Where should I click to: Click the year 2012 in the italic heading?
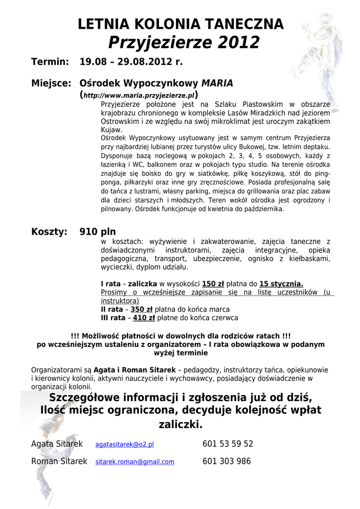238,43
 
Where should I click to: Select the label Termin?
50,63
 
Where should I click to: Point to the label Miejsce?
52,83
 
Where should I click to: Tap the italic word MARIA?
217,83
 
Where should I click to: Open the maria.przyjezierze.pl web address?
139,95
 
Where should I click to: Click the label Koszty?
49,232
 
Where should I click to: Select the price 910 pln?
97,232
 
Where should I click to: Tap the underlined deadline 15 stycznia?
281,284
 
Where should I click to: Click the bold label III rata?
112,318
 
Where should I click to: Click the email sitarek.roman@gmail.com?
135,462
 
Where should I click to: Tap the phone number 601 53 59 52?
228,443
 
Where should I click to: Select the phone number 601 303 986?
227,461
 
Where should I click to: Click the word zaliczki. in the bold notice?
180,424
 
